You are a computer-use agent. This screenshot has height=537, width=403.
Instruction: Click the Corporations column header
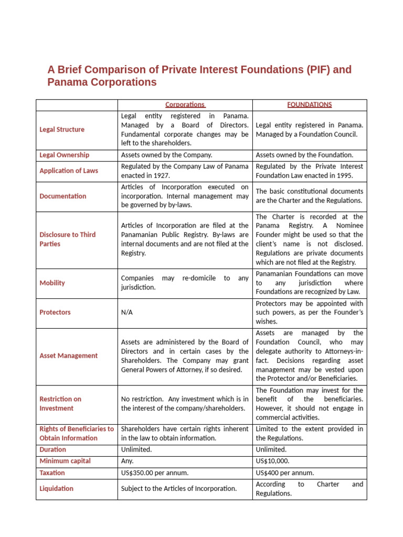click(185, 105)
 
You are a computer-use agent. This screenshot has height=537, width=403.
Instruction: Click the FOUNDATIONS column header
click(310, 105)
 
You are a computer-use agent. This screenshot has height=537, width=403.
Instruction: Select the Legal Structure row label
click(62, 130)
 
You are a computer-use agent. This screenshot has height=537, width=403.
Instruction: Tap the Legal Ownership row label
click(64, 155)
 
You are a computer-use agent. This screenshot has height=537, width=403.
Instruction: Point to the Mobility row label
click(52, 283)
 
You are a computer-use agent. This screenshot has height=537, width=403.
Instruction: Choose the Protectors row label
click(55, 313)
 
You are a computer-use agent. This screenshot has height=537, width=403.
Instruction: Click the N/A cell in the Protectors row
click(127, 313)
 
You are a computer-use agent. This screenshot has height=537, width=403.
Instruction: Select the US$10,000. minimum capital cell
click(272, 461)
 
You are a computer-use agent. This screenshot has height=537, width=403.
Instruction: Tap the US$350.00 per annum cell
click(154, 473)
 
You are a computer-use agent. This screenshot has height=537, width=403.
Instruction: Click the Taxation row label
click(52, 473)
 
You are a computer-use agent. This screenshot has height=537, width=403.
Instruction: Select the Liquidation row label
click(56, 489)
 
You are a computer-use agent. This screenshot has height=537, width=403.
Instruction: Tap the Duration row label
click(53, 450)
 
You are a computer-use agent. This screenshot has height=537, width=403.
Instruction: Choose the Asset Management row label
click(68, 356)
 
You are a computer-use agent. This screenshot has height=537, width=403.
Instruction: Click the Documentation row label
click(63, 196)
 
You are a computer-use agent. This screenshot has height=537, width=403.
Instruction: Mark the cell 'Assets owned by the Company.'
click(166, 155)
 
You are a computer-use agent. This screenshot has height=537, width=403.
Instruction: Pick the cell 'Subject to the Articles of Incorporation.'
click(178, 489)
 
